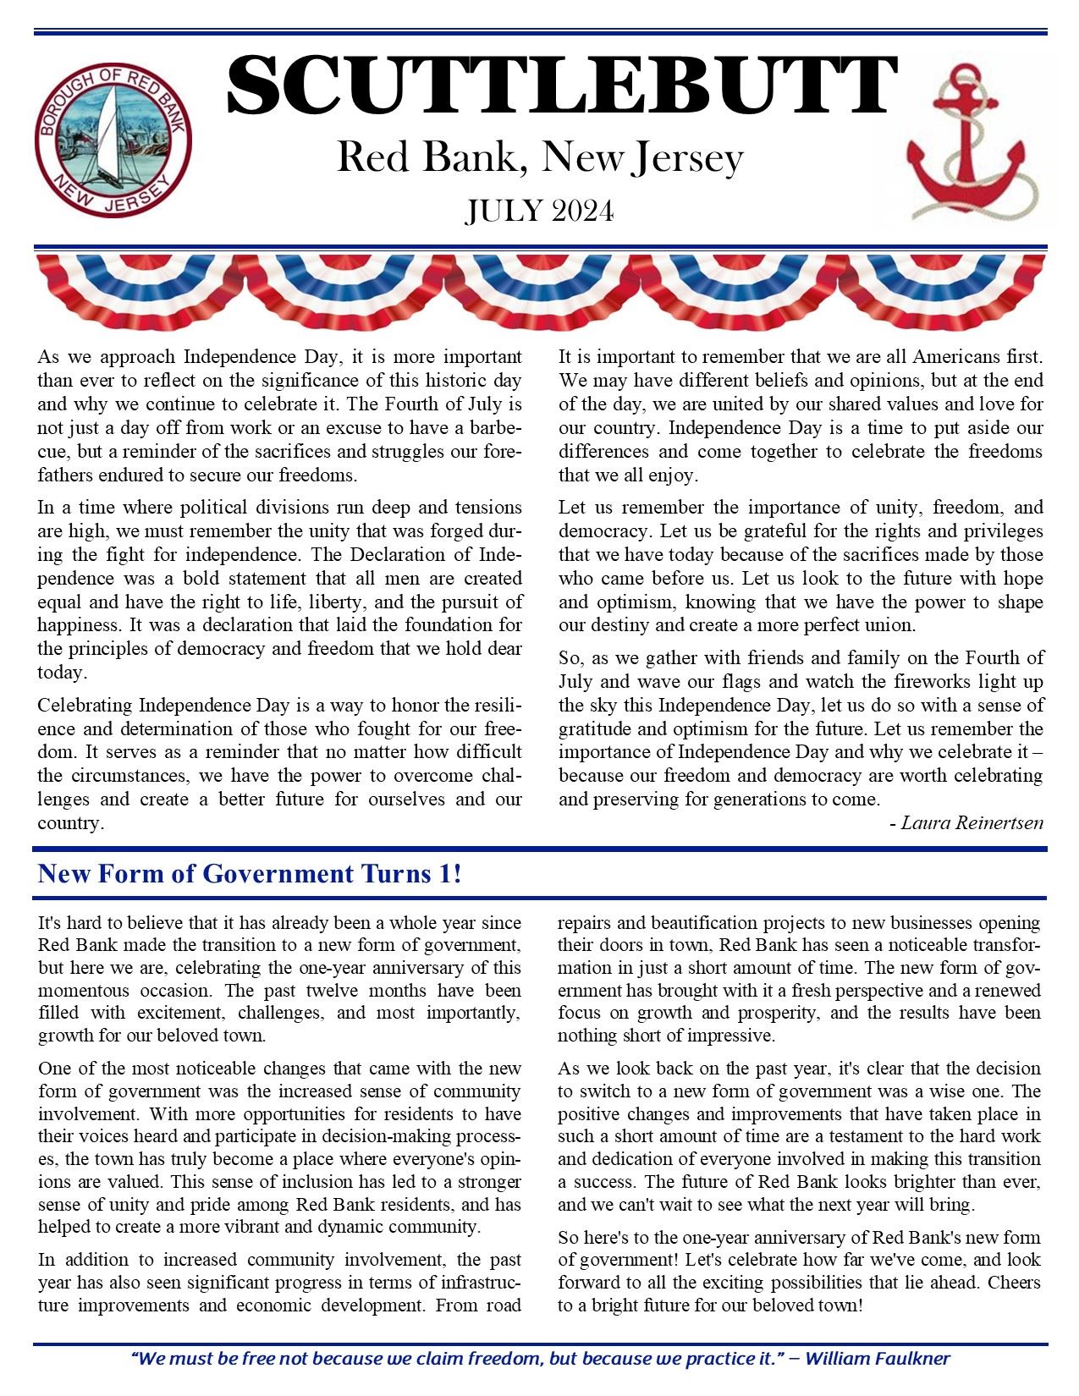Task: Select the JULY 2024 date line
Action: [539, 211]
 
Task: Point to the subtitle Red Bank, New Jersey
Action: [539, 158]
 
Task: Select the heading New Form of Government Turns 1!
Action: [250, 874]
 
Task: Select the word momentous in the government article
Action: [79, 990]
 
